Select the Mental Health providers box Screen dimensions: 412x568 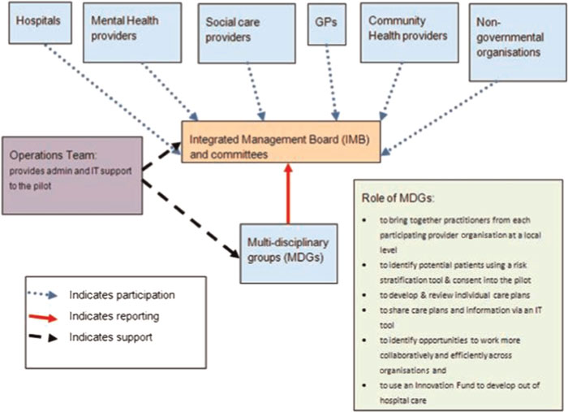point(135,31)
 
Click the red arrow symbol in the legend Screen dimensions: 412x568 point(49,314)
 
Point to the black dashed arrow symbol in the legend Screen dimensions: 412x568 point(49,335)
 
